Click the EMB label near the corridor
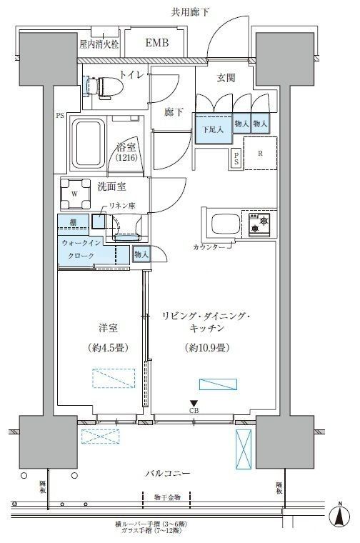157,44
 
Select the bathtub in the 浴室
90,140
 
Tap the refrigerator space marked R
259,151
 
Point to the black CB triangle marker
194,403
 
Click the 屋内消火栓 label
99,44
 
